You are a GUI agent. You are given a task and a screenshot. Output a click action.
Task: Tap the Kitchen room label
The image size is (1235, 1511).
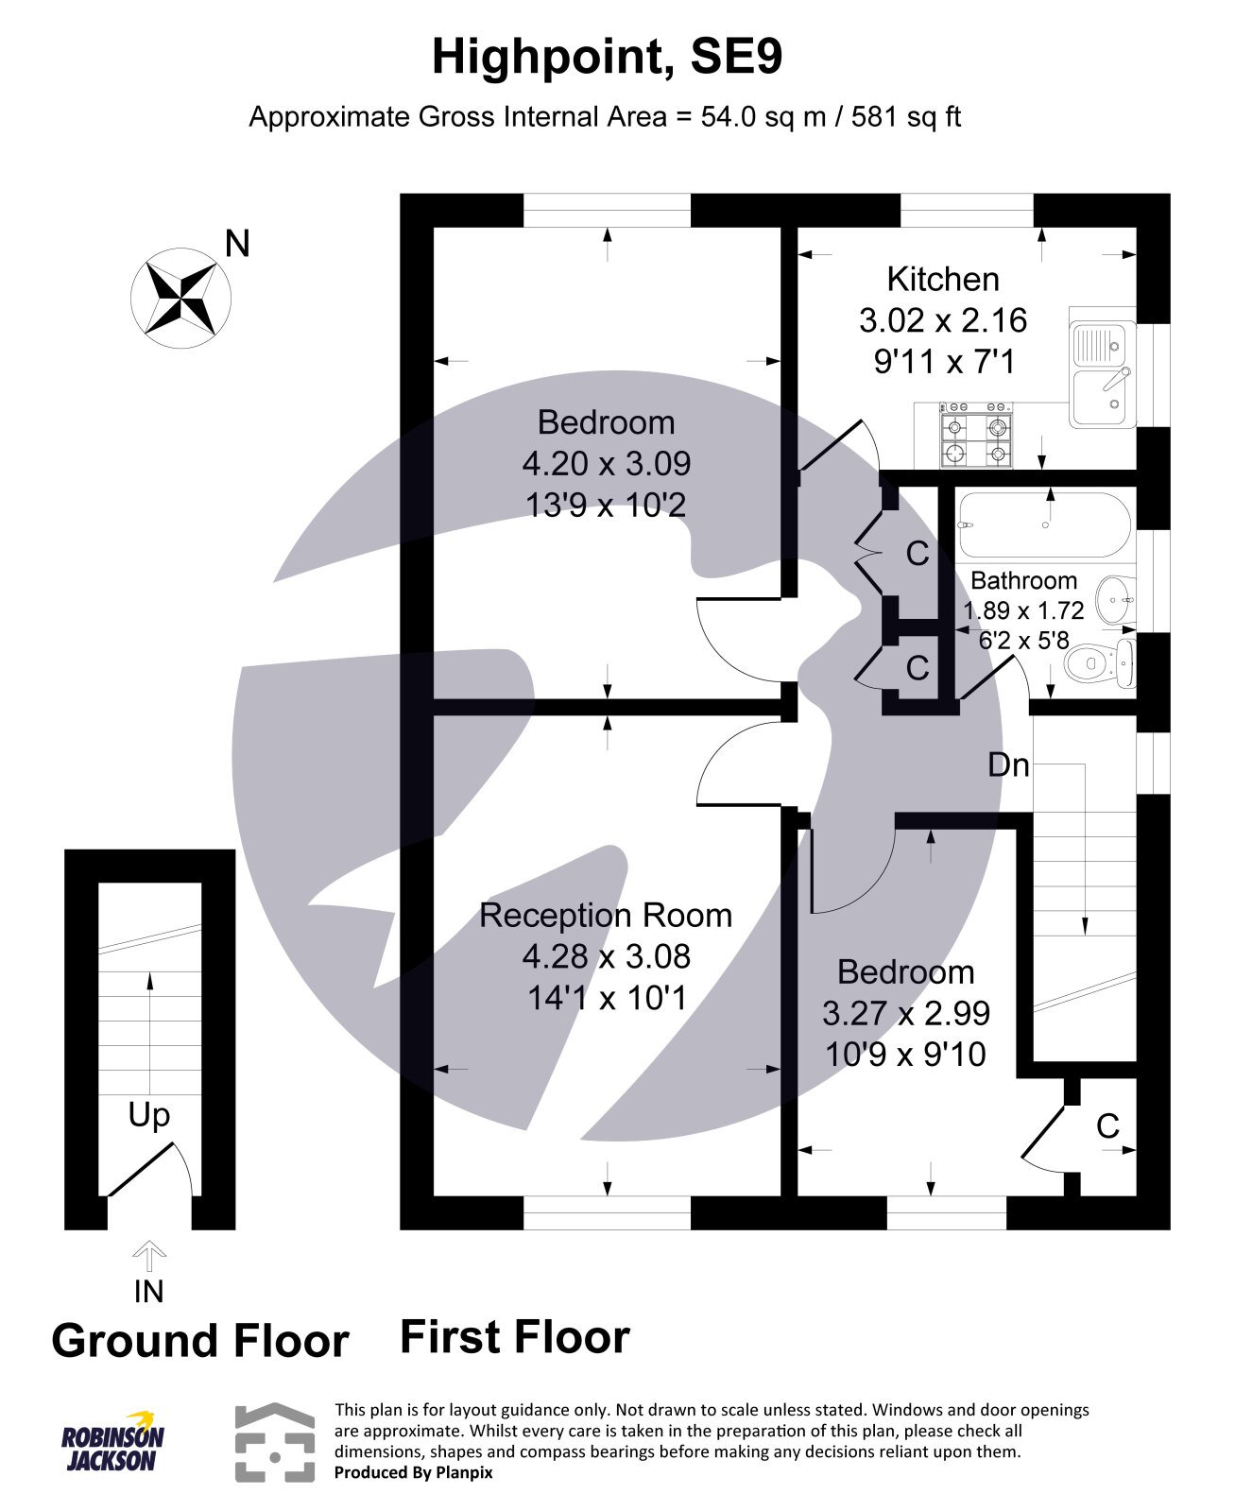click(942, 280)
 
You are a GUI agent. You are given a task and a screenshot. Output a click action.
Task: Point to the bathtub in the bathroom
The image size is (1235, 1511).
click(1044, 524)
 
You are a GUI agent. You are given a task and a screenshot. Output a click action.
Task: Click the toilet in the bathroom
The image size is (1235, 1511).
click(1096, 663)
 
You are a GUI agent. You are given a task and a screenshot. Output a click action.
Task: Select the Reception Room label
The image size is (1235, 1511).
click(606, 915)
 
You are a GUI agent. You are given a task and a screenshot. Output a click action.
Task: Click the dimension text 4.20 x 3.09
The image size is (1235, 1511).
click(606, 463)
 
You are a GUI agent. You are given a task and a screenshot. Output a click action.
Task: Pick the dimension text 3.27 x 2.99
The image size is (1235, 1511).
click(905, 1013)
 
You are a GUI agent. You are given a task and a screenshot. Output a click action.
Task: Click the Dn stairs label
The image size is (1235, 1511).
click(1008, 764)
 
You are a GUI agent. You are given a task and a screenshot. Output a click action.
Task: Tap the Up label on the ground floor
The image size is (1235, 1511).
click(149, 1115)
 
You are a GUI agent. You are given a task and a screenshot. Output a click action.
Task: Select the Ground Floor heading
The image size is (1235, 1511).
click(199, 1340)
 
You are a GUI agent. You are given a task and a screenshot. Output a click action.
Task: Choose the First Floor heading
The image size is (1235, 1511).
click(514, 1337)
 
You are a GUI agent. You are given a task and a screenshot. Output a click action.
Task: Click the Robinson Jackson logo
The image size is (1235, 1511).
click(112, 1442)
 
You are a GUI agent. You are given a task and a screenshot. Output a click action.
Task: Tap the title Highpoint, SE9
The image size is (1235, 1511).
click(607, 57)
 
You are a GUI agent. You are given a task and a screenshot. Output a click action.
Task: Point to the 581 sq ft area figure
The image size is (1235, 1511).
click(905, 117)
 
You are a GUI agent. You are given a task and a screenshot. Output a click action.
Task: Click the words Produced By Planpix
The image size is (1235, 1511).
click(413, 1472)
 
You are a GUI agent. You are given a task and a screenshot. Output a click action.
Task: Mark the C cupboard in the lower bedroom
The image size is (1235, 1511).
click(1107, 1125)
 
